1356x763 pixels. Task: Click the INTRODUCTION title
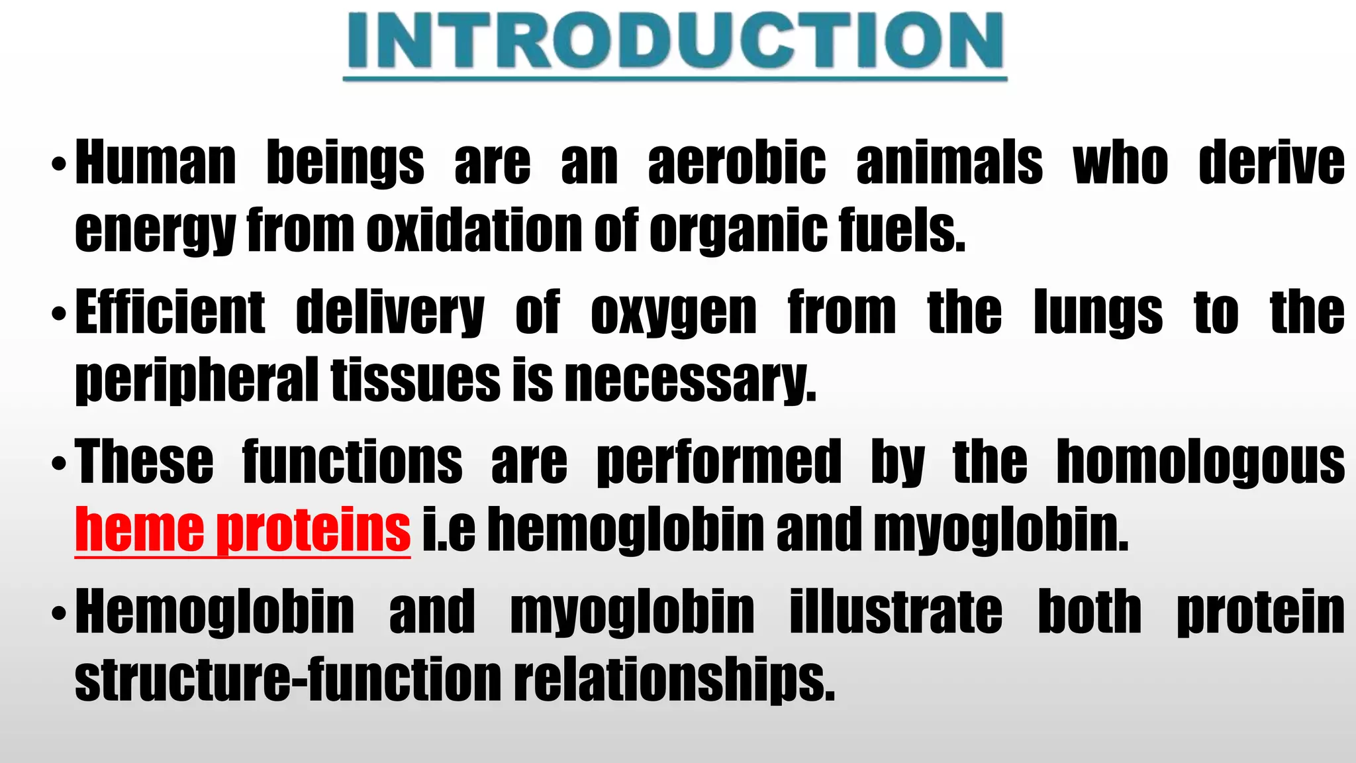tap(675, 41)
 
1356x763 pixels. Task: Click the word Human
tap(156, 163)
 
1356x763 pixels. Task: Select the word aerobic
tap(737, 163)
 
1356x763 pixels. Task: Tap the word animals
tap(949, 163)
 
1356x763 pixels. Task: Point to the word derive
tap(1271, 163)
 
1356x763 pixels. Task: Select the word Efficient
tap(170, 313)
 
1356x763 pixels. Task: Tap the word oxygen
tap(673, 313)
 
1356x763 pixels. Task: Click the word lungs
tap(1098, 313)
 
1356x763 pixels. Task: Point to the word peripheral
tap(197, 380)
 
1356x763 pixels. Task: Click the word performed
tap(718, 462)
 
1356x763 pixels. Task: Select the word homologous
tap(1200, 462)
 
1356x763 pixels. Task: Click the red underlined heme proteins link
tap(242, 530)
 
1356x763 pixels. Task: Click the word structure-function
tap(288, 680)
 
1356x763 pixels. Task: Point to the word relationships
tap(674, 680)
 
